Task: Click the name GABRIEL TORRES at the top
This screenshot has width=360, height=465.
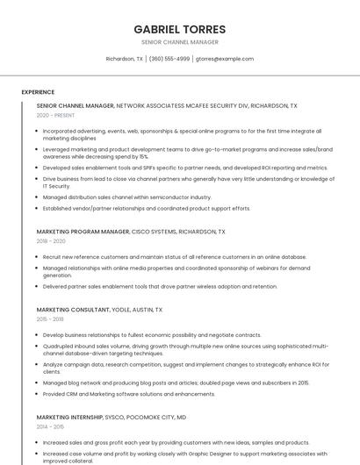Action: coord(179,29)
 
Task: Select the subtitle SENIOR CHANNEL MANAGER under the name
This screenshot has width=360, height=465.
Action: coord(179,42)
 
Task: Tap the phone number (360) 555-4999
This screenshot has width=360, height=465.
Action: coord(169,59)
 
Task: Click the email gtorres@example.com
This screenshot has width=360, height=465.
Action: coord(224,59)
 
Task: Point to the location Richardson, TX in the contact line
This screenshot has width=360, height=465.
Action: coord(124,59)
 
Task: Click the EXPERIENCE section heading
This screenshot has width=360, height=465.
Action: coord(38,91)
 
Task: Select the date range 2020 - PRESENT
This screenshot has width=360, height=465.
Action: coord(55,115)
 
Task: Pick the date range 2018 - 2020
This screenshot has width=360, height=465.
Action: coord(51,241)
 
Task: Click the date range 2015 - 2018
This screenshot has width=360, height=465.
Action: coord(50,319)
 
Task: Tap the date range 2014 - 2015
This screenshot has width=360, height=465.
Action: coord(50,426)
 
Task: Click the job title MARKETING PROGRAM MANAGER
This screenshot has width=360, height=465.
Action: coord(83,232)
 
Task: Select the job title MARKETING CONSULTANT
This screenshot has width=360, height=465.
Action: coord(75,310)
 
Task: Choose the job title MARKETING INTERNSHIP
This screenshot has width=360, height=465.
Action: coord(74,417)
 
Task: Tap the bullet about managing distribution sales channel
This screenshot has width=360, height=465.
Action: coord(127,197)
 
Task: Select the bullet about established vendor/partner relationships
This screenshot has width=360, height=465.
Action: coord(147,209)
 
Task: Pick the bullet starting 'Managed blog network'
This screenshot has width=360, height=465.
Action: coord(176,383)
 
